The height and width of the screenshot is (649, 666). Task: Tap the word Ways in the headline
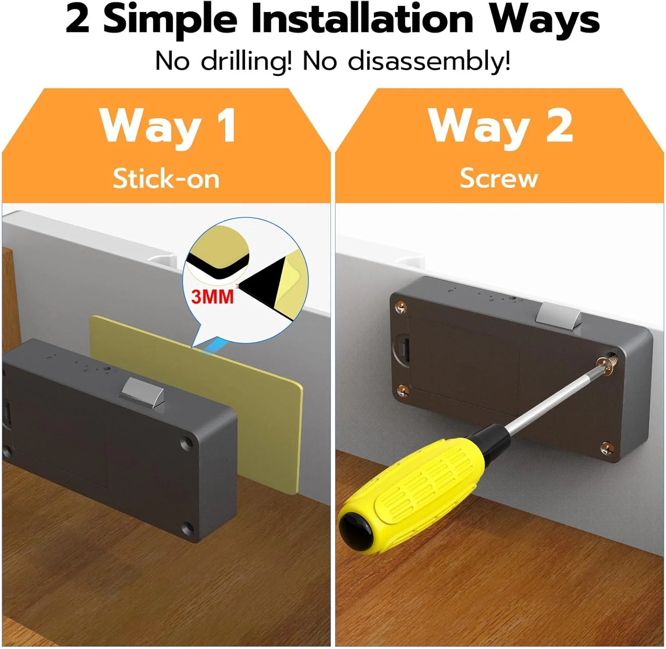[544, 20]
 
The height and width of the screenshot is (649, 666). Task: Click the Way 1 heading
[168, 126]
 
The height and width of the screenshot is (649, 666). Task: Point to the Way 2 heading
[500, 126]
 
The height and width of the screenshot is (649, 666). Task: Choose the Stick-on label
[166, 179]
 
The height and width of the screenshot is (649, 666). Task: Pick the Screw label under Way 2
[499, 179]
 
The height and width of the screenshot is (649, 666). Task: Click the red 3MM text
[212, 296]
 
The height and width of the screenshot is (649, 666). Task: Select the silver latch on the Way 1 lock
[142, 390]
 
